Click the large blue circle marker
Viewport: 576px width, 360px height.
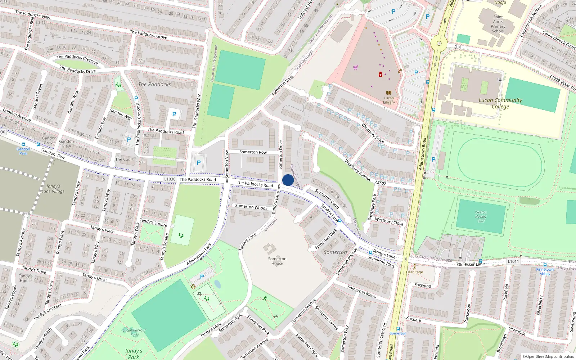click(x=288, y=180)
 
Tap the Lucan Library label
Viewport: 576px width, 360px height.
click(x=389, y=100)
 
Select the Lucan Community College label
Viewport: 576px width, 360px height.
click(x=500, y=103)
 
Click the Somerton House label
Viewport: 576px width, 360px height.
click(x=277, y=261)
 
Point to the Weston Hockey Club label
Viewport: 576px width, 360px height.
click(x=481, y=216)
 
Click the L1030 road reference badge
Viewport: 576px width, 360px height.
click(x=170, y=179)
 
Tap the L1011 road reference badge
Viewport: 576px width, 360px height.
click(x=513, y=261)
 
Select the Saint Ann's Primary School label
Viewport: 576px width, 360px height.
click(x=498, y=24)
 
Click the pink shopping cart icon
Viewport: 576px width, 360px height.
click(x=356, y=67)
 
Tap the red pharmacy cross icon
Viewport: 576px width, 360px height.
click(x=380, y=74)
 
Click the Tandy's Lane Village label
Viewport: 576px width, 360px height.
click(x=53, y=189)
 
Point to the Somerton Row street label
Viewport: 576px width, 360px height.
click(x=253, y=152)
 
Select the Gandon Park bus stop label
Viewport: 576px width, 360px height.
click(x=23, y=151)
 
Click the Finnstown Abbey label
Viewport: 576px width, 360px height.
click(x=545, y=271)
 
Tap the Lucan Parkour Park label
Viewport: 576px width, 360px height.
click(x=134, y=332)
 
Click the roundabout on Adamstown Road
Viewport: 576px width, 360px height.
click(x=439, y=44)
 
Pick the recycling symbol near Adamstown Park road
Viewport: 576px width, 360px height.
click(x=193, y=287)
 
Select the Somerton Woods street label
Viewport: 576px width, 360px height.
click(x=251, y=207)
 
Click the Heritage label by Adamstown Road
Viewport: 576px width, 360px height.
click(x=415, y=272)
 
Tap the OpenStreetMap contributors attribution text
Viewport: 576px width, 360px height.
click(x=548, y=356)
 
